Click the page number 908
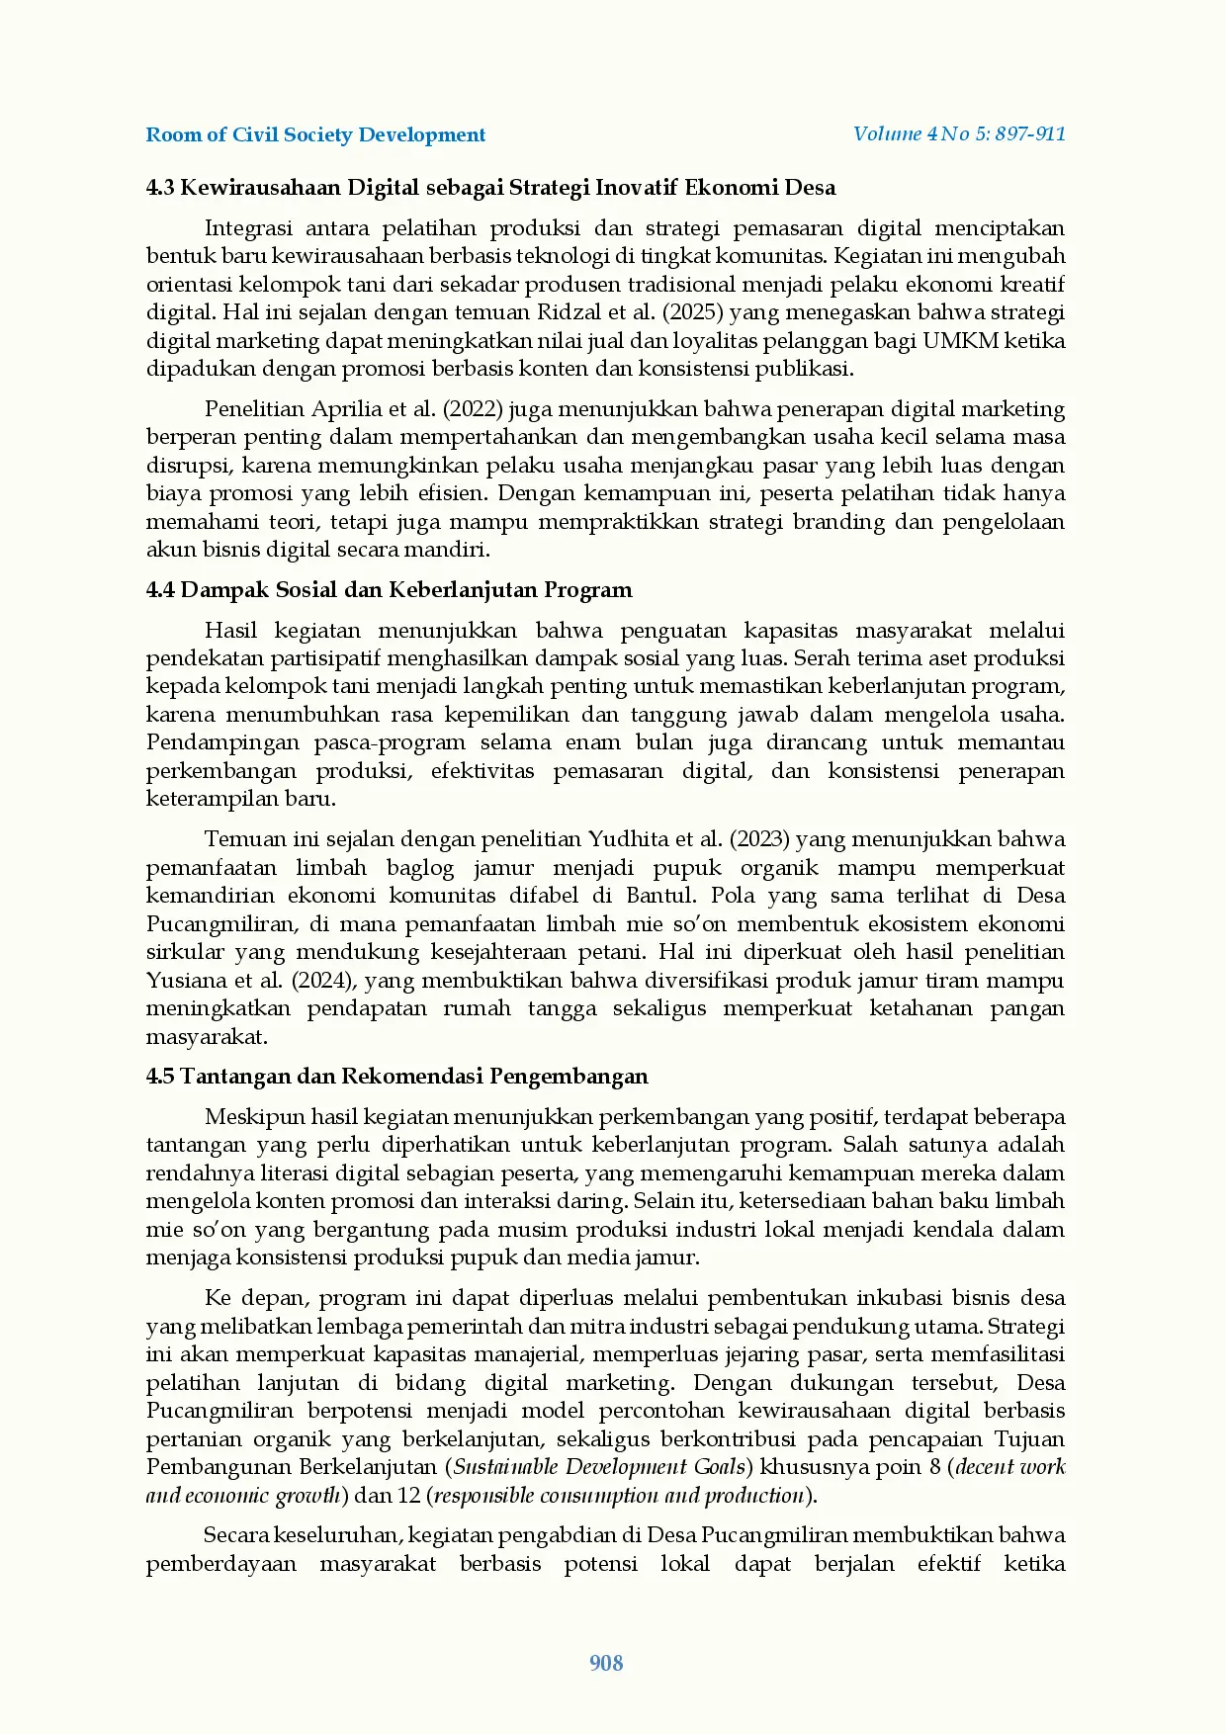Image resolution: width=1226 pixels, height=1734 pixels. [606, 1663]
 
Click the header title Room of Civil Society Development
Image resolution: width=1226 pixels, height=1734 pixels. [315, 134]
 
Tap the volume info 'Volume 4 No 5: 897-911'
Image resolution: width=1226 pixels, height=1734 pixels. [959, 133]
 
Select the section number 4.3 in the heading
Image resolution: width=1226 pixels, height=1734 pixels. [160, 188]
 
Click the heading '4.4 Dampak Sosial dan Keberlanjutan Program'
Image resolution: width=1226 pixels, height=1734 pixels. [389, 590]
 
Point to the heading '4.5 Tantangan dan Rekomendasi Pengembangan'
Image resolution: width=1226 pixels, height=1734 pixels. [396, 1077]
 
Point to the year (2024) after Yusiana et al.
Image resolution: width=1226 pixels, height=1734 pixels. [323, 981]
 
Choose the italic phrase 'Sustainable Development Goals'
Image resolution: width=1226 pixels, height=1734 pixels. [599, 1467]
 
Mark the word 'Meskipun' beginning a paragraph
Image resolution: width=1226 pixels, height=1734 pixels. [254, 1117]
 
